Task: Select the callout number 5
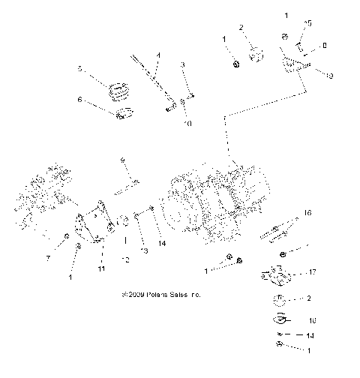point(79,68)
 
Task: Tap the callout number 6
point(79,98)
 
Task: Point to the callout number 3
point(181,65)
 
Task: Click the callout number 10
point(187,122)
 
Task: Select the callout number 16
point(307,213)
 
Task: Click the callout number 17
point(313,273)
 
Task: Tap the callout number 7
point(50,258)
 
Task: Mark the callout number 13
point(145,250)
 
